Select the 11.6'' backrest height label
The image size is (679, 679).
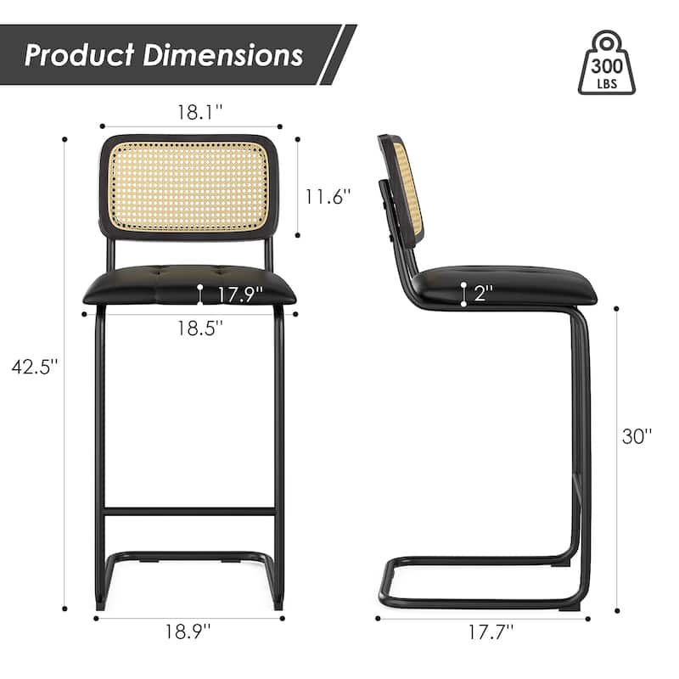coord(328,196)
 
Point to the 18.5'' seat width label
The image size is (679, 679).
coord(200,328)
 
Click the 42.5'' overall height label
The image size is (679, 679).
coord(33,367)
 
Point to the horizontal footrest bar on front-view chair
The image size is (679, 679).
coord(188,512)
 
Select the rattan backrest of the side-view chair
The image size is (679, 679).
coord(412,188)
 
